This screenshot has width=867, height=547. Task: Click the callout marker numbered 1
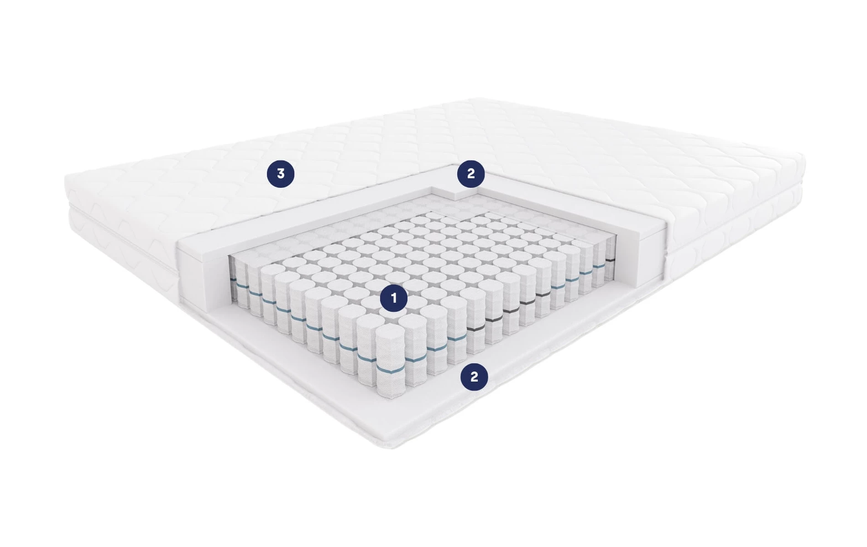tap(394, 298)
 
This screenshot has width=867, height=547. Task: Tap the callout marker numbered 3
tap(281, 174)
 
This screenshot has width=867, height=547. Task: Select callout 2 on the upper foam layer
tap(471, 173)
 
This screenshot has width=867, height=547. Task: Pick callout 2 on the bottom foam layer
tap(474, 377)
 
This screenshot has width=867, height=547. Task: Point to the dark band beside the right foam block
tap(610, 260)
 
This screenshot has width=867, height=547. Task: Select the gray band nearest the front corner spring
tap(476, 328)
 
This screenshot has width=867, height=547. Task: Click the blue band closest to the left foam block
tap(233, 279)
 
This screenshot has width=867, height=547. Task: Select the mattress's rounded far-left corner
tap(68, 180)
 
